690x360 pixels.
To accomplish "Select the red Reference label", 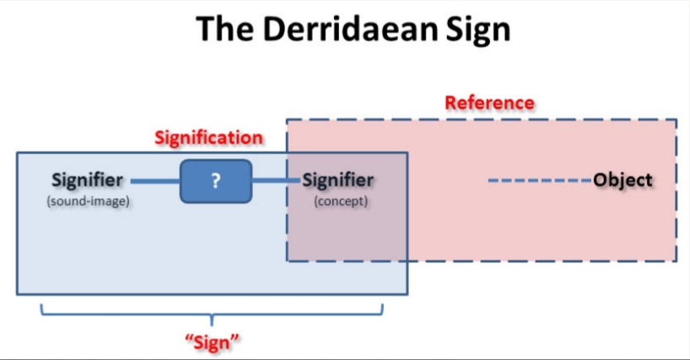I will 489,103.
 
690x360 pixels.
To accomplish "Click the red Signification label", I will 208,137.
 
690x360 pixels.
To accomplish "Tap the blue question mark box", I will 216,180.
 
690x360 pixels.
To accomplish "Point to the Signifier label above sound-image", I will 87,180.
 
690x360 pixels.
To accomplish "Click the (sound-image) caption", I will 88,201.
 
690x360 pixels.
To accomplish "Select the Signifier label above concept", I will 337,180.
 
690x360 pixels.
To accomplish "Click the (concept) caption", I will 340,201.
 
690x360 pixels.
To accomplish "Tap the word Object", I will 623,180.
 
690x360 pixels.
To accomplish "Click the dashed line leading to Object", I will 540,180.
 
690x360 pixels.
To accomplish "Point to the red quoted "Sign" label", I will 212,342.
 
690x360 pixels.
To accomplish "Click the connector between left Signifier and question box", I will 154,180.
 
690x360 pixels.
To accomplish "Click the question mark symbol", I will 216,180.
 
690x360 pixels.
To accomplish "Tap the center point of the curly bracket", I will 213,320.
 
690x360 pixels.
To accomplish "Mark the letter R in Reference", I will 450,103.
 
